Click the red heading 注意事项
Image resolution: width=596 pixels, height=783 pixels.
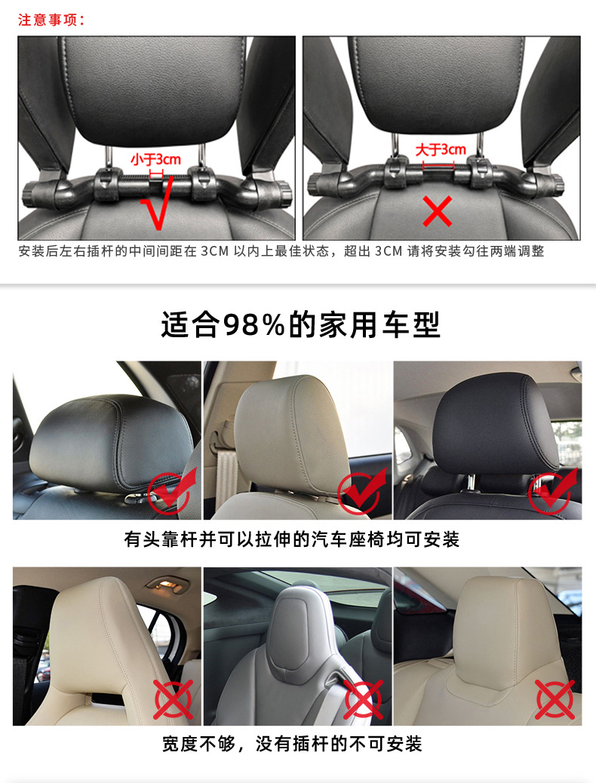(51, 20)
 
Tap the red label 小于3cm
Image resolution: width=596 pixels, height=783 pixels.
(155, 159)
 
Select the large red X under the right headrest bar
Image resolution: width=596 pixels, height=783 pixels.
(437, 212)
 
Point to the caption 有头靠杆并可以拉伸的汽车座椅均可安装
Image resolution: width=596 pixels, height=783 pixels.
(292, 539)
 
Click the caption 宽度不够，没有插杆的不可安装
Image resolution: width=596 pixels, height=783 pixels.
(292, 744)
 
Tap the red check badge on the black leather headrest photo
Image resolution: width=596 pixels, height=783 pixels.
(172, 489)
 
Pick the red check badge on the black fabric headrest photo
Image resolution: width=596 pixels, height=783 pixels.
(552, 491)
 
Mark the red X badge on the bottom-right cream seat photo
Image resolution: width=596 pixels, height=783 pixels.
(555, 699)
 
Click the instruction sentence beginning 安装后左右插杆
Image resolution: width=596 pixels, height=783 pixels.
(281, 251)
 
